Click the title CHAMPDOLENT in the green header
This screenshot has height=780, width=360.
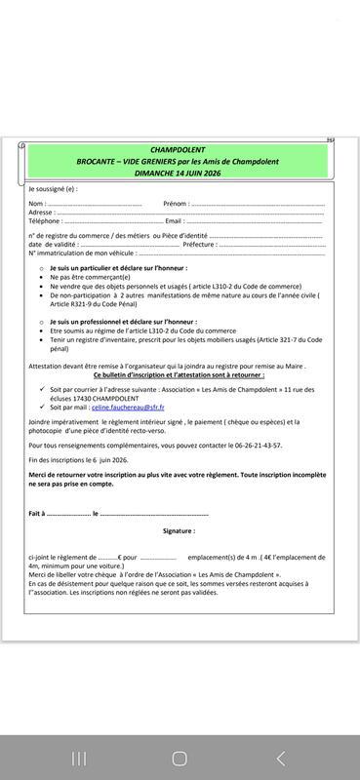coord(179,150)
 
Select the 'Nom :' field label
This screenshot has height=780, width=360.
coord(37,204)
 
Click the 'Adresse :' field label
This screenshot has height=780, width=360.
coord(41,212)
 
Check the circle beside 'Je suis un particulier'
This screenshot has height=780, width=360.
coord(40,267)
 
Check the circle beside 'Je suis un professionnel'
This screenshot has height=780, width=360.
coord(40,321)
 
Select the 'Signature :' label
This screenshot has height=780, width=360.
coord(179,531)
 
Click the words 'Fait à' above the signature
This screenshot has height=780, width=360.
coord(36,513)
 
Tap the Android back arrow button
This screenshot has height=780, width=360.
coord(281,758)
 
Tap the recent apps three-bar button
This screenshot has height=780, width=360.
coord(79,758)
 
